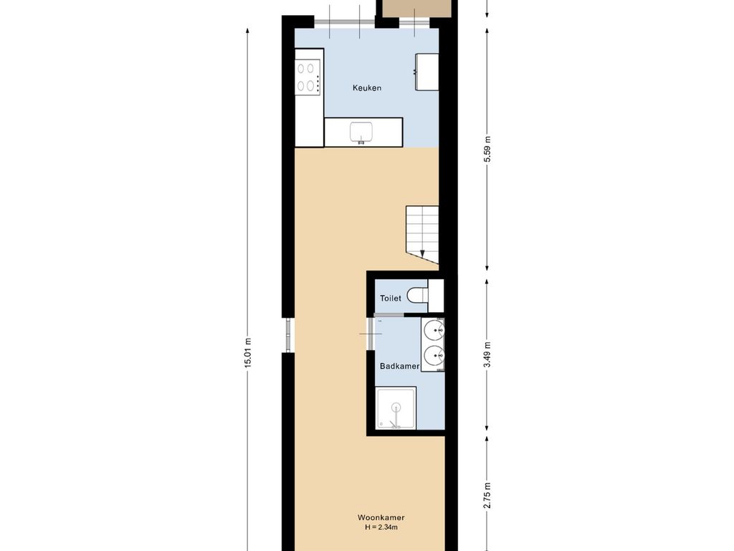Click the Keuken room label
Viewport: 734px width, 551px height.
click(x=366, y=88)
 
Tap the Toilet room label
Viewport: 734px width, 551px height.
click(x=391, y=298)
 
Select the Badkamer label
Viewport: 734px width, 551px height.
click(x=399, y=366)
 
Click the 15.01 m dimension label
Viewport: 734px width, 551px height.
click(x=248, y=353)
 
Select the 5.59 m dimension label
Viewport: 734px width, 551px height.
click(x=487, y=149)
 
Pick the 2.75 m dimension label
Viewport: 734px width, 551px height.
click(x=487, y=496)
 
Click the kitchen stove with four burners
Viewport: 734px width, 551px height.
click(x=308, y=77)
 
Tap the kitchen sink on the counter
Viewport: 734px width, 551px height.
click(x=361, y=132)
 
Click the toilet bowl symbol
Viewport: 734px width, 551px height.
click(x=416, y=296)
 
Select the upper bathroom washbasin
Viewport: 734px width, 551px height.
click(x=434, y=331)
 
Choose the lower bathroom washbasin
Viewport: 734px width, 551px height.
click(x=434, y=355)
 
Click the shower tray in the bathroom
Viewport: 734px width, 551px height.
click(x=396, y=408)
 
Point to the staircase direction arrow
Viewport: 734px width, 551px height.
click(x=423, y=253)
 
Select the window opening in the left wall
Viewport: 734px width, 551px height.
click(x=288, y=335)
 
